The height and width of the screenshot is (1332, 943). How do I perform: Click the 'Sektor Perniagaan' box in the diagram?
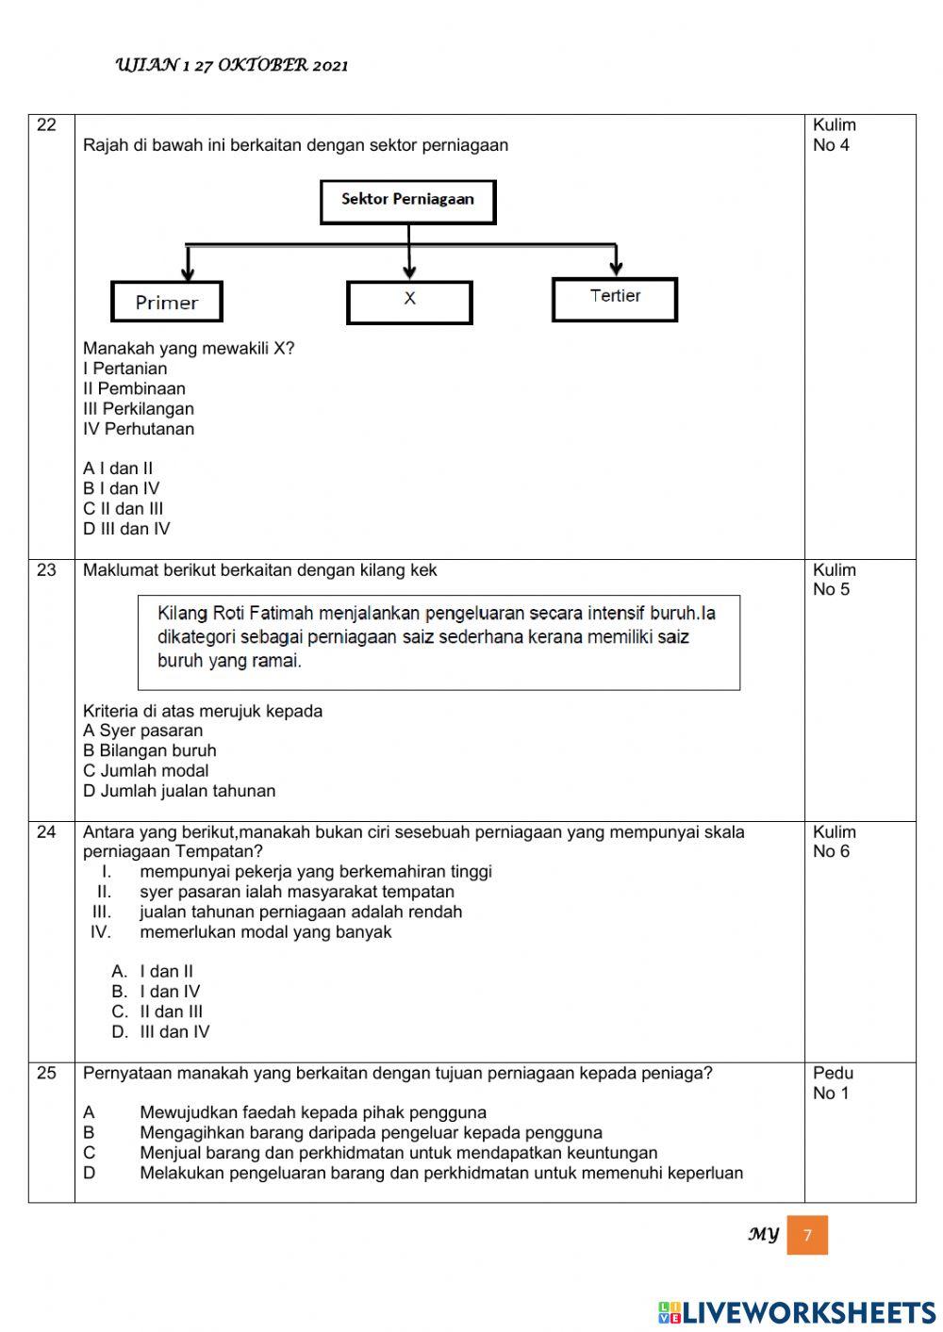pos(407,202)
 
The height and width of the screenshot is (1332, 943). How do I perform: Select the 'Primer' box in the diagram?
pos(167,303)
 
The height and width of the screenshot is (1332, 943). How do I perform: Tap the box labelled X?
pos(409,302)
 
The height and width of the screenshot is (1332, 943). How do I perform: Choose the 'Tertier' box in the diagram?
pos(615,299)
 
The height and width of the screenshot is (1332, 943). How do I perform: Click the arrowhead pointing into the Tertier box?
pos(616,269)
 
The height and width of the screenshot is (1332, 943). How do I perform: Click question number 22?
pos(46,125)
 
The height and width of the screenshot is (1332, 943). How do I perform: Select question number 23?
pos(46,570)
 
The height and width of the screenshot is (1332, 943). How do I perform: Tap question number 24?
pos(46,832)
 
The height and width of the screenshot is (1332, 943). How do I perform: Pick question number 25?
pos(46,1073)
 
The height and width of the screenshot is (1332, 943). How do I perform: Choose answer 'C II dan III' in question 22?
pos(123,509)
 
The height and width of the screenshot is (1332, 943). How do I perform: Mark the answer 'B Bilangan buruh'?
pos(149,750)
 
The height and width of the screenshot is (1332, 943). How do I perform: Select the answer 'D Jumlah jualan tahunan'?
pos(179,791)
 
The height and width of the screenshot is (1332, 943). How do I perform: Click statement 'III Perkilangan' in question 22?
pos(139,409)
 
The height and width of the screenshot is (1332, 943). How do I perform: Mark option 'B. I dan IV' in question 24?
pos(156,992)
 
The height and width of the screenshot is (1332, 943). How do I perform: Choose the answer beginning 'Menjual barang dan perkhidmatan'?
pos(398,1153)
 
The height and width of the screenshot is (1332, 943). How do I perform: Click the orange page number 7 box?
pos(807,1235)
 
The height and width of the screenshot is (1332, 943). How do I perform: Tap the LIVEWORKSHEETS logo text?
pos(797,1312)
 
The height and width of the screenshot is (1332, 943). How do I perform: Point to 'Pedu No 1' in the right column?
pos(833,1083)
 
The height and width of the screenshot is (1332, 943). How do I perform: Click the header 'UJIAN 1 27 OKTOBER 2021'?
pos(232,65)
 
